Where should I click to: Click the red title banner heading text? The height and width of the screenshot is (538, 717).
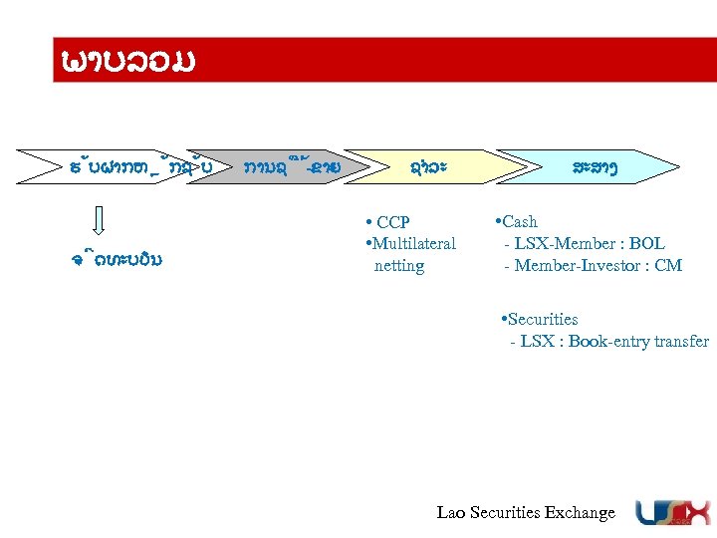pyautogui.click(x=125, y=61)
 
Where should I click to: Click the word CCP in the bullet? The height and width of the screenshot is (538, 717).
pyautogui.click(x=393, y=222)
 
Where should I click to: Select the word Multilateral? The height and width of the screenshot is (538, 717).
pyautogui.click(x=413, y=243)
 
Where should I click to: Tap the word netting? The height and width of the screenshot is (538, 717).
pyautogui.click(x=398, y=266)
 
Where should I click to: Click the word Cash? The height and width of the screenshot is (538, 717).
pyautogui.click(x=519, y=221)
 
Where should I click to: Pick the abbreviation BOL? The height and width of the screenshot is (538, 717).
pyautogui.click(x=647, y=243)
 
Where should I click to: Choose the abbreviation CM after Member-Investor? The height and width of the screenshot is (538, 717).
pyautogui.click(x=669, y=265)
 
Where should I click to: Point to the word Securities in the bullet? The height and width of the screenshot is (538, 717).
pyautogui.click(x=543, y=320)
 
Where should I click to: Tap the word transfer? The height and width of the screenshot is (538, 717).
pyautogui.click(x=681, y=342)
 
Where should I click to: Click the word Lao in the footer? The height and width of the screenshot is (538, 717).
pyautogui.click(x=451, y=513)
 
